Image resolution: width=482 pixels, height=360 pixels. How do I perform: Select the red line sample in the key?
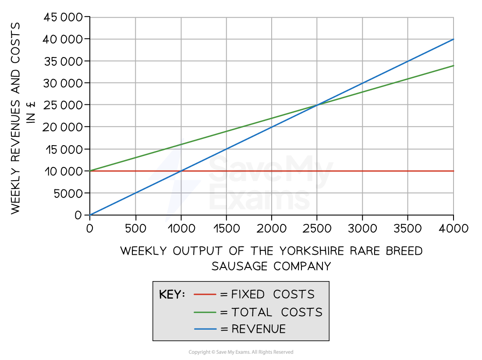pyautogui.click(x=205, y=294)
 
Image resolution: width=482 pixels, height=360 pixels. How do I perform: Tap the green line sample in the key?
pyautogui.click(x=205, y=312)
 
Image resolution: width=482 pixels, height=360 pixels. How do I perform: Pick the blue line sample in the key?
pyautogui.click(x=205, y=329)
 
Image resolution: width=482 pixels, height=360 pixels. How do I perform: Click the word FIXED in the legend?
pyautogui.click(x=248, y=294)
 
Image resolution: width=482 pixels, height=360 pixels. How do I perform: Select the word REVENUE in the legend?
pyautogui.click(x=259, y=329)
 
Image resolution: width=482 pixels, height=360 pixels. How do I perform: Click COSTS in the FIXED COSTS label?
pyautogui.click(x=294, y=294)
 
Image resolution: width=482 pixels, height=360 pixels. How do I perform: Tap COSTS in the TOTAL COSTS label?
pyautogui.click(x=301, y=312)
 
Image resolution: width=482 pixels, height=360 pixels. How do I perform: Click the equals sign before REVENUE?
pyautogui.click(x=224, y=329)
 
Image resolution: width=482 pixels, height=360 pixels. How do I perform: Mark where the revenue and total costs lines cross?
pyautogui.click(x=316, y=105)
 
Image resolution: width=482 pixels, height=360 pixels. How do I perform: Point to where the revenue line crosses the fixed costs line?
pyautogui.click(x=181, y=171)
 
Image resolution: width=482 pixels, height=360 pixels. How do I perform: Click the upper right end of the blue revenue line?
pyautogui.click(x=453, y=39)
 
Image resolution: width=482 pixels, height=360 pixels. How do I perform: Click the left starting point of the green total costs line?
pyautogui.click(x=90, y=171)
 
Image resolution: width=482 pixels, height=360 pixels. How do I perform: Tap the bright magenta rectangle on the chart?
pyautogui.click(x=396, y=97)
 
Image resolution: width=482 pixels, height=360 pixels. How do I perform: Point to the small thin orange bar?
pyautogui.click(x=375, y=85)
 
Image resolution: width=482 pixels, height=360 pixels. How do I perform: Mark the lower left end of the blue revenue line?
pyautogui.click(x=91, y=214)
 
